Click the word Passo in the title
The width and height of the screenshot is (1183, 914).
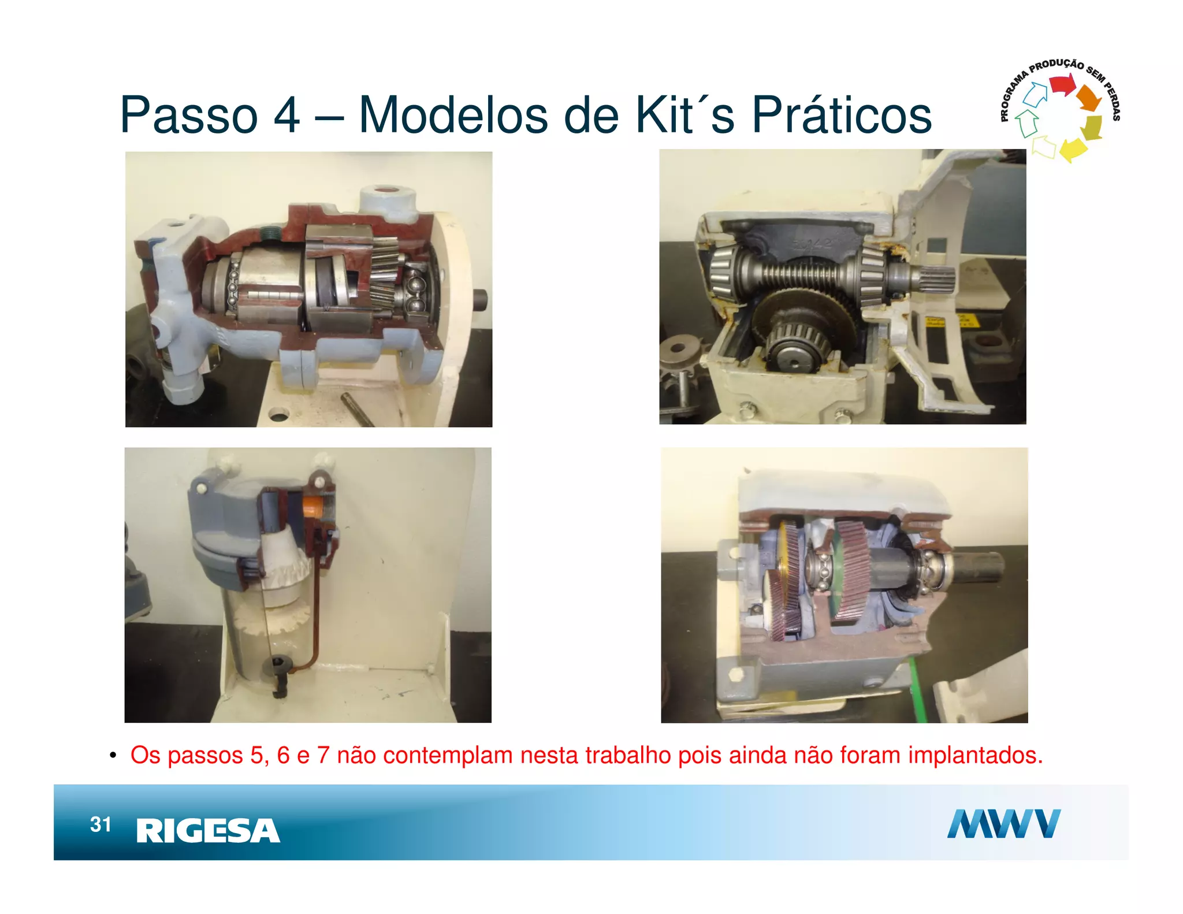click(x=188, y=115)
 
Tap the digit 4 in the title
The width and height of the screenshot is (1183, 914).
click(x=287, y=115)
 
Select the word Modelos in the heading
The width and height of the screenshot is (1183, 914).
click(x=453, y=115)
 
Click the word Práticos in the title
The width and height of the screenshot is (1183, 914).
click(x=841, y=115)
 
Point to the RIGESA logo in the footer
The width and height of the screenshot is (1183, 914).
click(x=208, y=831)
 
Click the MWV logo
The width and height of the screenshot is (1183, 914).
click(x=1003, y=824)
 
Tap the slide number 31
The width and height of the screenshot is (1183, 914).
click(x=101, y=824)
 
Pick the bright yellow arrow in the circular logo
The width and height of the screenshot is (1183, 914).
click(x=1072, y=150)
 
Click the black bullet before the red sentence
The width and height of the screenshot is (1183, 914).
click(x=113, y=756)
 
